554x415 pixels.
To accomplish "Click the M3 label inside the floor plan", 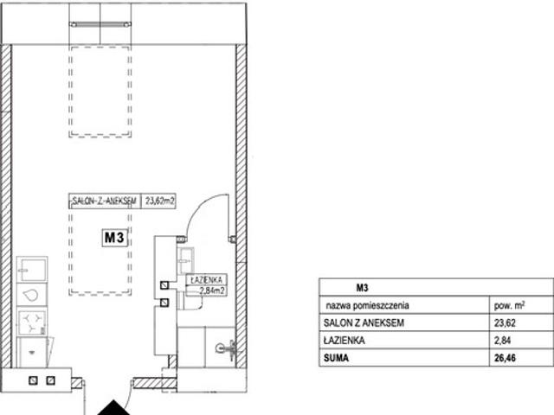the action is point(114,237).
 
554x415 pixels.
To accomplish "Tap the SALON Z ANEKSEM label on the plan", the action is point(104,201).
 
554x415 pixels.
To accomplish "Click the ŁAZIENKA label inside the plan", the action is point(206,280).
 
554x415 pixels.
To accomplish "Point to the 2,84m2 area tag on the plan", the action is point(212,290).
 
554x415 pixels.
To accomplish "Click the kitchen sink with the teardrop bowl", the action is point(32,294).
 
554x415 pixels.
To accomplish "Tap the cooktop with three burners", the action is point(32,322).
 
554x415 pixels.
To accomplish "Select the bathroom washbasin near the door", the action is point(186,260).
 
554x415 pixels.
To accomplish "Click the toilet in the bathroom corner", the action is point(226,349).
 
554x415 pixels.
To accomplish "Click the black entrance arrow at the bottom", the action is point(113,408).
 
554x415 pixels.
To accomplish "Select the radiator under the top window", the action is point(100,24).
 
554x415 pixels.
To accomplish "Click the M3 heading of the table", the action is point(362,288).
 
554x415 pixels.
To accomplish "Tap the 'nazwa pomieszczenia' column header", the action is point(367,305).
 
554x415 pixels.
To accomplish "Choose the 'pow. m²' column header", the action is point(509,305).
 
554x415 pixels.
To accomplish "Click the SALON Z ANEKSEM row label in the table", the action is point(364,322).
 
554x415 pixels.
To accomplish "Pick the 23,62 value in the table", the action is point(505,322).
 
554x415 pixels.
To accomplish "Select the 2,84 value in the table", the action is point(503,341).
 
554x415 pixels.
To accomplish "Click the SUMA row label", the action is point(336,358).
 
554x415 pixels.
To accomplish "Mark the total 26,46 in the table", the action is point(505,358).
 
